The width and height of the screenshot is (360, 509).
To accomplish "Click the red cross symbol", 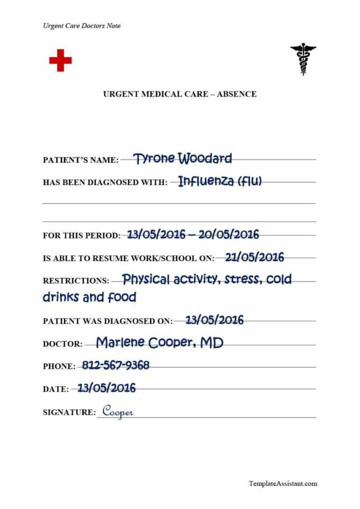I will [60, 60].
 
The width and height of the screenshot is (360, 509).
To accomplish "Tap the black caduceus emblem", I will [303, 59].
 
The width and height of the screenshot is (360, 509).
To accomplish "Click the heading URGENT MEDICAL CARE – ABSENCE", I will [180, 94].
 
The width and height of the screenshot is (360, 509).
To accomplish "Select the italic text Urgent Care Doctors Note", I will [82, 26].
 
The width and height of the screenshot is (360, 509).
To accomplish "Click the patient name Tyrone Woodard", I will [182, 159].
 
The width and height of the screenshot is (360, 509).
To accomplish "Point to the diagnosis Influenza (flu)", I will [220, 181].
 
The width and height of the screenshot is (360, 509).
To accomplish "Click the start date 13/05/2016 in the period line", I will [156, 234].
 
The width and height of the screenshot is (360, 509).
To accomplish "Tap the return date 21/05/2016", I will [255, 257].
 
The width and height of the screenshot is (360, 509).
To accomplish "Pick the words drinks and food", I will [90, 297].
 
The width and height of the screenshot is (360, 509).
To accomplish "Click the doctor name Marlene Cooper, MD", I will [159, 343].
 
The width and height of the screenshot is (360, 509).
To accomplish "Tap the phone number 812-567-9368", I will [115, 365].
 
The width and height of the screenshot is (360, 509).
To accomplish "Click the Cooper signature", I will [118, 412].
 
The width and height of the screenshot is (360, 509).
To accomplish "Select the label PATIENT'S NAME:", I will [81, 160].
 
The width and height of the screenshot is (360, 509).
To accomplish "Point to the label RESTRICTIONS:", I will [76, 281].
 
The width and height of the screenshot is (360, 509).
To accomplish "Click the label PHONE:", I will [59, 367].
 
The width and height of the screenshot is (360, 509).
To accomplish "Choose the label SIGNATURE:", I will [69, 412].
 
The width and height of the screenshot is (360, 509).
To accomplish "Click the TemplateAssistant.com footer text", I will [283, 483].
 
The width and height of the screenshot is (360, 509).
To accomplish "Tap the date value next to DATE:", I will [106, 388].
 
